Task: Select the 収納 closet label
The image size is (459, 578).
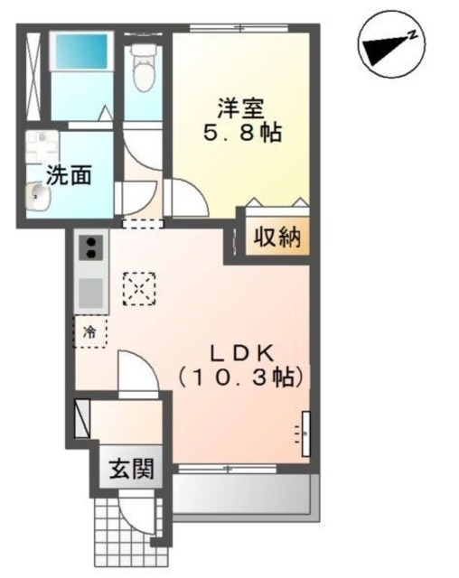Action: pyautogui.click(x=275, y=239)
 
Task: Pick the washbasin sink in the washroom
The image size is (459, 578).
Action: pyautogui.click(x=36, y=192)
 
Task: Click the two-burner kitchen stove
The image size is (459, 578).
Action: pyautogui.click(x=91, y=248)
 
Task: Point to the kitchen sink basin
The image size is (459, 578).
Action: pyautogui.click(x=91, y=294)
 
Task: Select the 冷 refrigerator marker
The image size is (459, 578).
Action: pyautogui.click(x=89, y=331)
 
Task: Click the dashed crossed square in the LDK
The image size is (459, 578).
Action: pyautogui.click(x=138, y=288)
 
